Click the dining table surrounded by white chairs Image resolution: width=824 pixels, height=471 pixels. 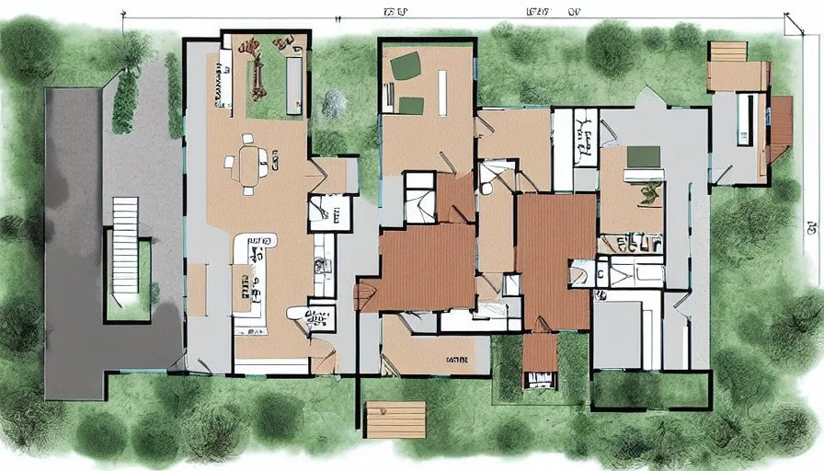click(247, 166)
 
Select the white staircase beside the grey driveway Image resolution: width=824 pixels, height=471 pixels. click(124, 244)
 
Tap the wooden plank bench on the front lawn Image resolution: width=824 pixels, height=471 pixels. click(395, 419)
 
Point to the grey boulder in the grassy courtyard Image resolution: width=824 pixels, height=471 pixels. click(335, 104)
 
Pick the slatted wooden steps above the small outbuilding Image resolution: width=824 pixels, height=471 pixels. click(727, 52)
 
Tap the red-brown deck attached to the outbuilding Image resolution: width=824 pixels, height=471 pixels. click(781, 129)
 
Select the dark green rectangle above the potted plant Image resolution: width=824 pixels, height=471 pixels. click(644, 156)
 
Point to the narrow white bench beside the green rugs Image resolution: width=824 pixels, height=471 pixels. click(441, 92)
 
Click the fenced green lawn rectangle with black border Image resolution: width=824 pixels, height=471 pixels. click(651, 389)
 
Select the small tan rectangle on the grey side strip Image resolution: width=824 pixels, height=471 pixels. click(197, 289)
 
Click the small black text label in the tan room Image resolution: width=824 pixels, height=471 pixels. click(455, 359)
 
